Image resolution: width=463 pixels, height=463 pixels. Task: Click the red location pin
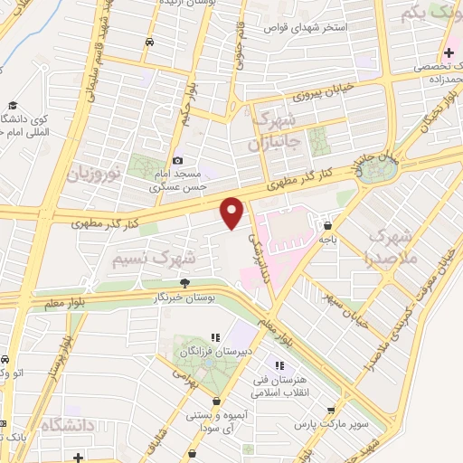click(232, 212)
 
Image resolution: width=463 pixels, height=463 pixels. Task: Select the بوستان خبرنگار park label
click(185, 296)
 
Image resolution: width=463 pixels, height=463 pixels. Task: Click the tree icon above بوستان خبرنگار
click(185, 283)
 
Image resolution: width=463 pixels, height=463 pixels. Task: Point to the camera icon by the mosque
click(178, 160)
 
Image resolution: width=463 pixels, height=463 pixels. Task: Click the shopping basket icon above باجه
click(326, 227)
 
